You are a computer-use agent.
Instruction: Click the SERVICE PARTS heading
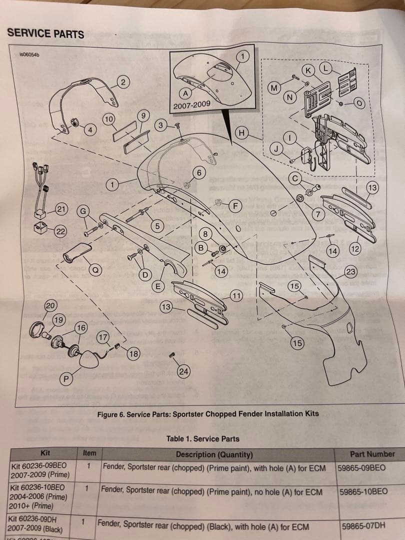click(45, 34)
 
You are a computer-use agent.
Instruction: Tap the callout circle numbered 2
click(123, 82)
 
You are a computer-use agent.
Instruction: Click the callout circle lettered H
click(242, 133)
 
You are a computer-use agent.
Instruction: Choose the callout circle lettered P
click(65, 377)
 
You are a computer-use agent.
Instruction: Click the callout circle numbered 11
click(236, 294)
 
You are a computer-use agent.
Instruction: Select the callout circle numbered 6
click(199, 173)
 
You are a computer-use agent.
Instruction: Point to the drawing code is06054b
click(29, 54)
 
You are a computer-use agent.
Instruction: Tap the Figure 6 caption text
click(207, 414)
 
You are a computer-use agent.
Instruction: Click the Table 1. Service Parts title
click(202, 439)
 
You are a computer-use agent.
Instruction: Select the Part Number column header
click(372, 454)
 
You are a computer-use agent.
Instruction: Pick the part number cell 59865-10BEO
click(362, 491)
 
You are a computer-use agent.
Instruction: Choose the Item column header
click(89, 453)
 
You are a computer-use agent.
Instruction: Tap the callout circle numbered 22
click(60, 231)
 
